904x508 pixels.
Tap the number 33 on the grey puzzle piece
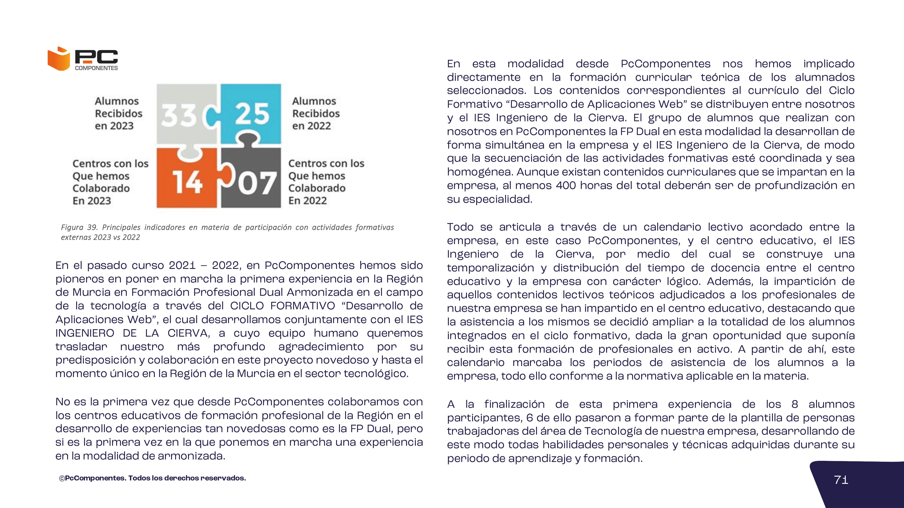point(179,115)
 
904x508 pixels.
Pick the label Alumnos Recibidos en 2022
point(316,114)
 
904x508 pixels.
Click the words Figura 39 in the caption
point(79,227)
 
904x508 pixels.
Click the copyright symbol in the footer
point(62,478)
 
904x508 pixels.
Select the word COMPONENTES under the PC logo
point(97,68)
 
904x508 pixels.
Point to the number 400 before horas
point(566,185)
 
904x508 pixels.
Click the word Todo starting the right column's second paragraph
point(460,227)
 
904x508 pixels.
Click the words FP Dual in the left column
point(369,429)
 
